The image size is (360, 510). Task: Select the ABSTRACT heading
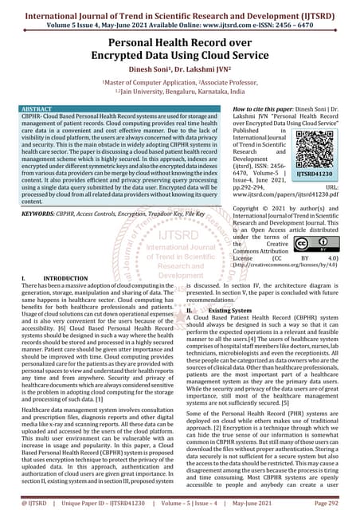pyautogui.click(x=41, y=106)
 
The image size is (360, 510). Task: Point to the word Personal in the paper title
pyautogui.click(x=133, y=41)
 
